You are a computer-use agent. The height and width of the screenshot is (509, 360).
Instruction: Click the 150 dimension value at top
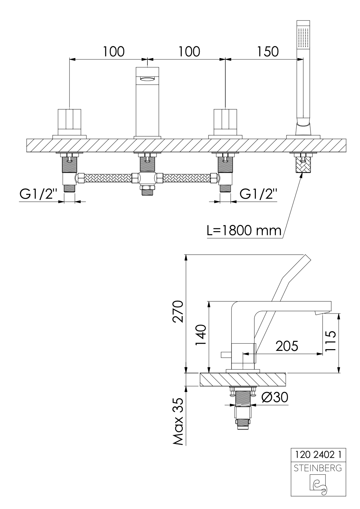pyautogui.click(x=268, y=51)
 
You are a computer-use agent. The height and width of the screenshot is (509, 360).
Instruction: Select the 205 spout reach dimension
pyautogui.click(x=286, y=346)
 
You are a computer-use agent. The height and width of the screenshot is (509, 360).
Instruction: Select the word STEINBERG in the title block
pyautogui.click(x=317, y=469)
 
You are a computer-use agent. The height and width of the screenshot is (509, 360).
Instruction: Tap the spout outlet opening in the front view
pyautogui.click(x=148, y=79)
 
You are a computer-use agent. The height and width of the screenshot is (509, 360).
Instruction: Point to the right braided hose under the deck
pyautogui.click(x=187, y=178)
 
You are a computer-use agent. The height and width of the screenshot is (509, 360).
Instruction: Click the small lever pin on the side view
pyautogui.click(x=226, y=354)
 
